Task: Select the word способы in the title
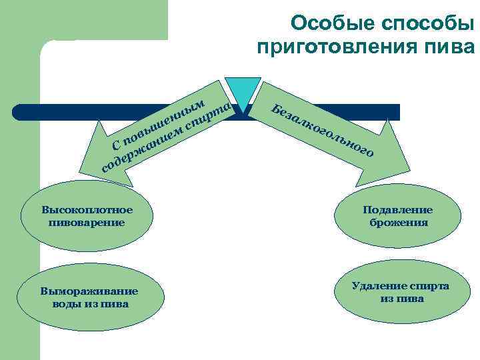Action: pos(424,24)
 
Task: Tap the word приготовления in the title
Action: pos(341,48)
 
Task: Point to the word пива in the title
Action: pos(451,48)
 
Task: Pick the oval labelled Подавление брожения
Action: pos(397,217)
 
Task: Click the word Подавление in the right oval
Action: pos(397,210)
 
